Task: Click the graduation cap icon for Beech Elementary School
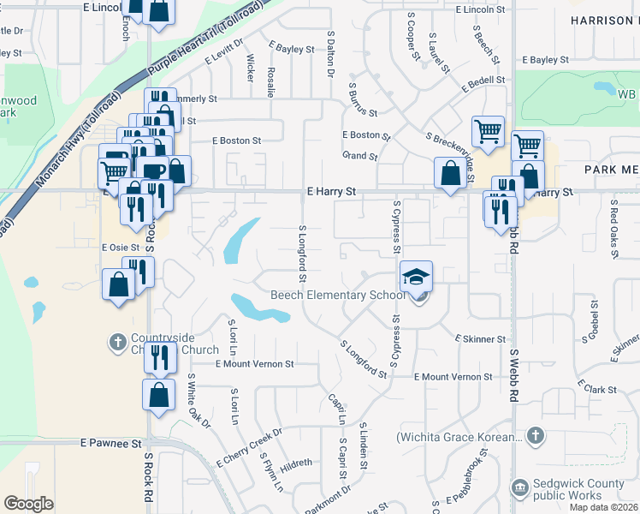(x=417, y=277)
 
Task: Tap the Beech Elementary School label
(x=337, y=296)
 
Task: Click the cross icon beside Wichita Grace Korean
(x=535, y=436)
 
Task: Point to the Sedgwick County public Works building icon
(x=519, y=489)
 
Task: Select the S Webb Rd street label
(x=514, y=376)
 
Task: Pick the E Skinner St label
(x=480, y=339)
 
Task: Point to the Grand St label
(x=359, y=157)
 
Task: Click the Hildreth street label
(x=296, y=463)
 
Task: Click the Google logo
(x=28, y=503)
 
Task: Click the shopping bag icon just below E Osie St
(x=118, y=285)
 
